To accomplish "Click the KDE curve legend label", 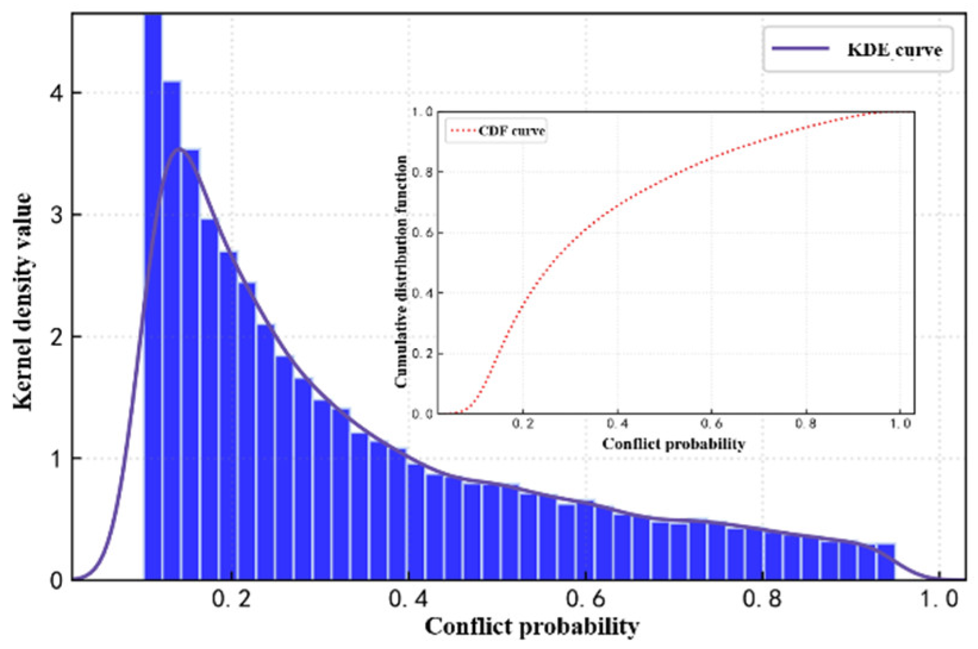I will pos(894,49).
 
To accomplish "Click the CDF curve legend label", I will pos(512,131).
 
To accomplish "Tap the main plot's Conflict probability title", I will pos(532,627).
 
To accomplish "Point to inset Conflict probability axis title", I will pos(673,444).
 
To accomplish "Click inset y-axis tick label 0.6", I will pos(423,233).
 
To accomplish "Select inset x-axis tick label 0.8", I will pos(805,424).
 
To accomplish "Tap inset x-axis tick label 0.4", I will pos(617,424).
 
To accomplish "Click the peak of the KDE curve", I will pos(180,149).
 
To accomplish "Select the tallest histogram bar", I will pos(153,297).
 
